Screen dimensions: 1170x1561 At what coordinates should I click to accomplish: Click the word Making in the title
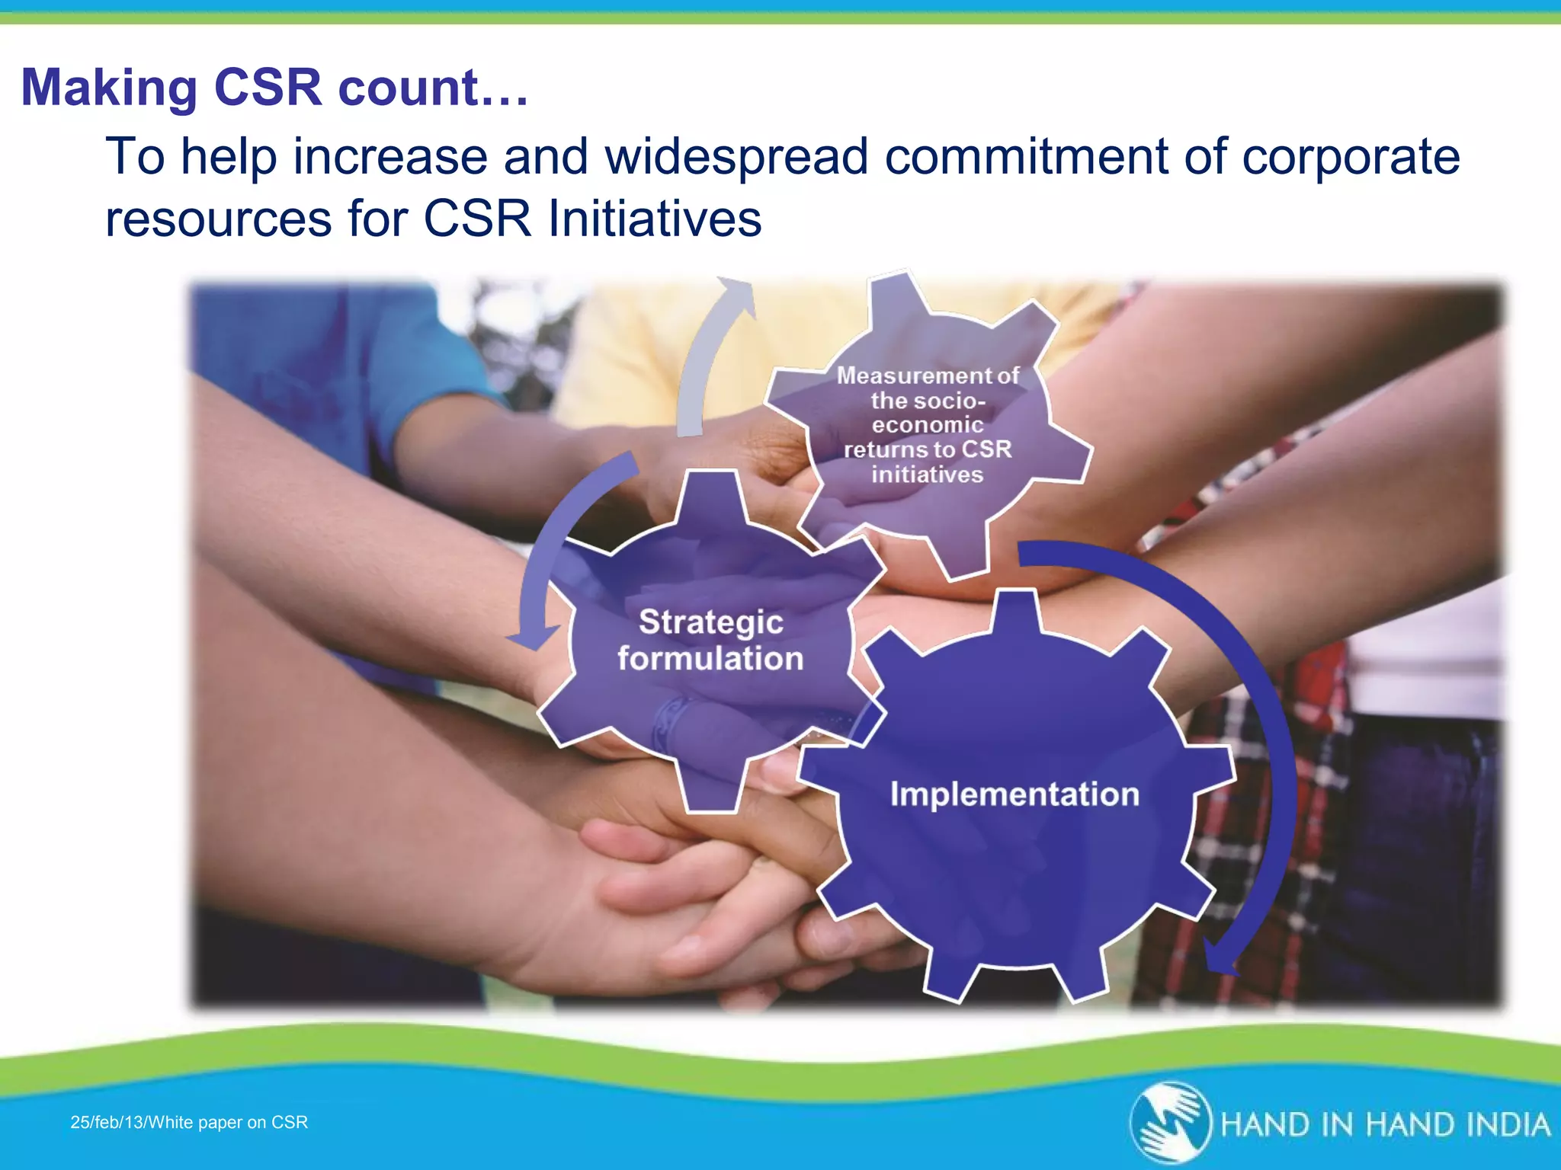(110, 88)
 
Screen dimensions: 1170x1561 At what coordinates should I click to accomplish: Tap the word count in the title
(408, 88)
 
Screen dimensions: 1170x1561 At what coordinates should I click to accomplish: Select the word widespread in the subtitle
(736, 156)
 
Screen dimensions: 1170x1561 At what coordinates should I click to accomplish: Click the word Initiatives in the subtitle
(655, 219)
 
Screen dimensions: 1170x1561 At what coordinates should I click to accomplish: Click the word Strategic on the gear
(710, 622)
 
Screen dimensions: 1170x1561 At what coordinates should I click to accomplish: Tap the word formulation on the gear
(710, 659)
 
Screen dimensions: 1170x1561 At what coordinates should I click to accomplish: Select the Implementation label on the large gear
(1014, 794)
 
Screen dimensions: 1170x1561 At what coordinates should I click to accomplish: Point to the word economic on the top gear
(928, 425)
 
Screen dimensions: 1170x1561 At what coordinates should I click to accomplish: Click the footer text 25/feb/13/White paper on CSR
(189, 1122)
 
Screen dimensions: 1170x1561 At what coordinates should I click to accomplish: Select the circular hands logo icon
(1171, 1123)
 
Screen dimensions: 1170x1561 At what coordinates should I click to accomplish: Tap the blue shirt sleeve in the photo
(320, 358)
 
